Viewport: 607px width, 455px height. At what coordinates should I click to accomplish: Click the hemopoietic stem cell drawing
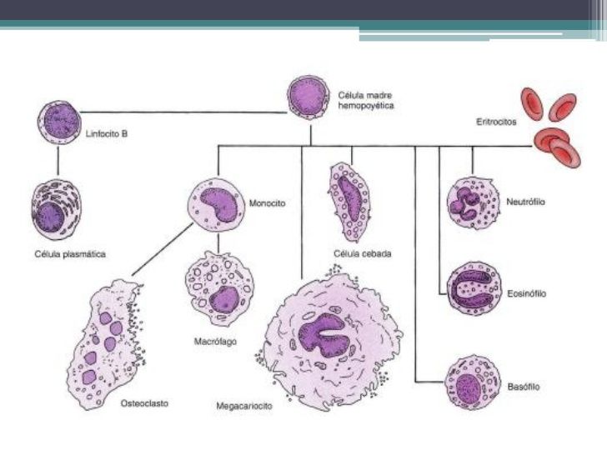coord(309,99)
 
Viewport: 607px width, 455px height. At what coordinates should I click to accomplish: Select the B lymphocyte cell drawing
coord(58,122)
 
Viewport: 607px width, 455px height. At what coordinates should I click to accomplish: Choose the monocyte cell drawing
coord(215,202)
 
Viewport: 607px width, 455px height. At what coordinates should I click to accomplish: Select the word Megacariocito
coord(244,407)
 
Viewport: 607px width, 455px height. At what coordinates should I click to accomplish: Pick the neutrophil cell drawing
coord(473,202)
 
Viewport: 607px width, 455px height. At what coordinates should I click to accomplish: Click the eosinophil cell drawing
coord(474,289)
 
